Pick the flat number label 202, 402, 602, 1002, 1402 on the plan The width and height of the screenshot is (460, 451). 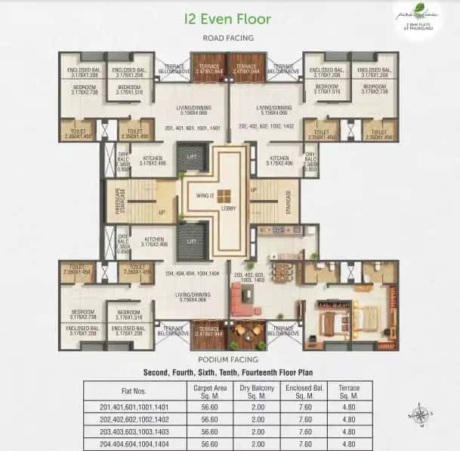(x=267, y=128)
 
